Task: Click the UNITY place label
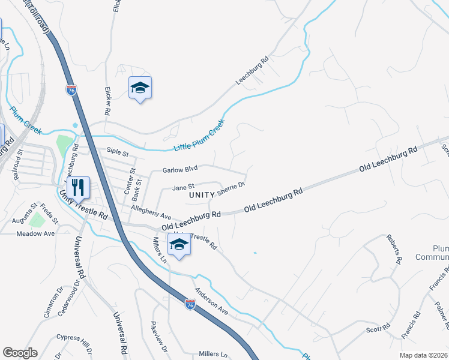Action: (x=201, y=196)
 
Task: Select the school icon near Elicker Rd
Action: (x=140, y=88)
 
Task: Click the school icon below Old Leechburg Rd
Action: (x=179, y=244)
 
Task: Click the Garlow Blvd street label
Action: (x=180, y=170)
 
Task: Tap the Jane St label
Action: (x=184, y=187)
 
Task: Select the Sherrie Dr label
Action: (x=232, y=187)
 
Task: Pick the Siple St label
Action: (x=118, y=154)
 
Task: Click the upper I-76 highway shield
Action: (x=71, y=90)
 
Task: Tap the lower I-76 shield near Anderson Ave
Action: (x=190, y=305)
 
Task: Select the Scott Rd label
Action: (x=378, y=330)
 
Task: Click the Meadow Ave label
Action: (x=35, y=233)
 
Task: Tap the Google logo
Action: (x=20, y=353)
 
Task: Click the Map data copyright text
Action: (x=423, y=355)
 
